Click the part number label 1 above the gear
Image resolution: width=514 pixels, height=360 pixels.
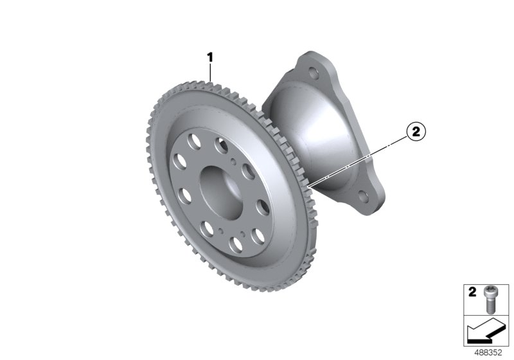point(210,58)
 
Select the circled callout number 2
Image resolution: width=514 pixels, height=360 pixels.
point(416,132)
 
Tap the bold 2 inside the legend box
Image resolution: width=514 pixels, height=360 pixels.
point(472,291)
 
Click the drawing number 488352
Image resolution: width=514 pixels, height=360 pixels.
point(488,352)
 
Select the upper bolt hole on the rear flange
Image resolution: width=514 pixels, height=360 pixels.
point(314,72)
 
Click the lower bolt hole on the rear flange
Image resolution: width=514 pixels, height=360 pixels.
point(363,195)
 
